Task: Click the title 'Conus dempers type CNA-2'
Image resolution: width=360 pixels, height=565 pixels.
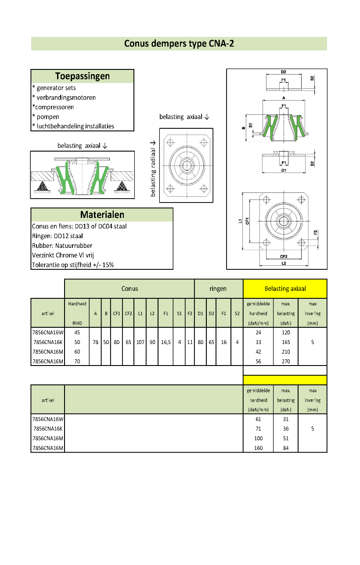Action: click(179, 43)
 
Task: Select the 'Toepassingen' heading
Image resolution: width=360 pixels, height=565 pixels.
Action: click(83, 76)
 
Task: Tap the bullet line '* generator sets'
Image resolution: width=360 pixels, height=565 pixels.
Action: click(54, 88)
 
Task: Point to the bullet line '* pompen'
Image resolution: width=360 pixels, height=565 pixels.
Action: click(46, 117)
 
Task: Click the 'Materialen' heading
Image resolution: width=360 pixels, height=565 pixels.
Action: click(102, 215)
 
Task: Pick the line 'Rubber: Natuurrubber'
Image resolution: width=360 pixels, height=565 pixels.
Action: click(62, 246)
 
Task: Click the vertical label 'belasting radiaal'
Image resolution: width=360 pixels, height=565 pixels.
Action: click(153, 169)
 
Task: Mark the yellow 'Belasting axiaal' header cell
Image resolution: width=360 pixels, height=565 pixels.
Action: click(285, 289)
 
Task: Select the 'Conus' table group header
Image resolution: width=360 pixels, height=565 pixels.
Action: click(130, 289)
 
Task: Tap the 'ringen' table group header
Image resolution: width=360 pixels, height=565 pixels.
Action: click(218, 289)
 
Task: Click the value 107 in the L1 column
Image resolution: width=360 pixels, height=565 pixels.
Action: click(140, 342)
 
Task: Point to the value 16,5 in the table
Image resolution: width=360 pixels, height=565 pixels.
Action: click(166, 342)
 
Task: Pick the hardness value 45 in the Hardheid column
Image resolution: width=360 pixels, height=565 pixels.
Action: click(77, 333)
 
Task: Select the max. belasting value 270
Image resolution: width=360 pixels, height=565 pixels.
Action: click(286, 361)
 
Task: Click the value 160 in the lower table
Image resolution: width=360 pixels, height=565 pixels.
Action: click(258, 448)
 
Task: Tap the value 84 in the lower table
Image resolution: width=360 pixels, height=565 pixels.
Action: click(286, 448)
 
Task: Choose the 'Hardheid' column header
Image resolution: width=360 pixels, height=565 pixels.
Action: click(77, 304)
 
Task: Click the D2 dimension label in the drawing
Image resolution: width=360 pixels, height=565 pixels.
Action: click(283, 72)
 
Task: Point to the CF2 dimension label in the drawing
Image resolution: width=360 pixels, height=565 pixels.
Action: click(284, 256)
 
